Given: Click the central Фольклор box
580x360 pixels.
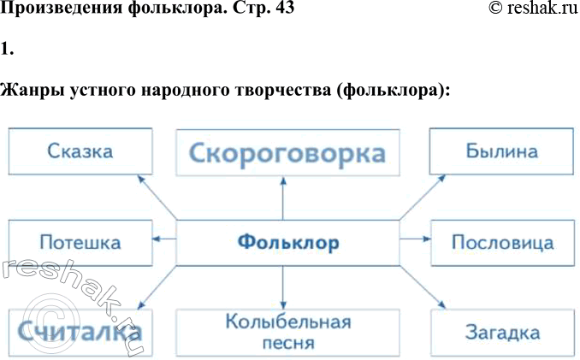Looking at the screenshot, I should tap(287, 243).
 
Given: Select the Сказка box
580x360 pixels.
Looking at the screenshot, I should tap(81, 152).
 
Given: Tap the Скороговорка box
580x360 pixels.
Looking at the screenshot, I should tap(287, 154).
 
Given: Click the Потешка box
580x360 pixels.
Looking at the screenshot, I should tap(81, 243).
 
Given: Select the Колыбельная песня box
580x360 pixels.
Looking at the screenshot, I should tap(287, 333).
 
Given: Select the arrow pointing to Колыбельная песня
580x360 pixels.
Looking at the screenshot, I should tap(283, 286).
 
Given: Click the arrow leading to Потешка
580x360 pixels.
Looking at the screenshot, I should tap(164, 239).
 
